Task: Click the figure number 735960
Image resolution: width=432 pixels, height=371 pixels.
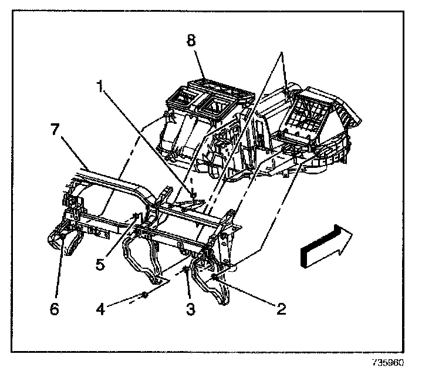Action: [x=388, y=362]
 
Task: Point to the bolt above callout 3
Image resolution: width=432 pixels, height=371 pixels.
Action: [x=186, y=271]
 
